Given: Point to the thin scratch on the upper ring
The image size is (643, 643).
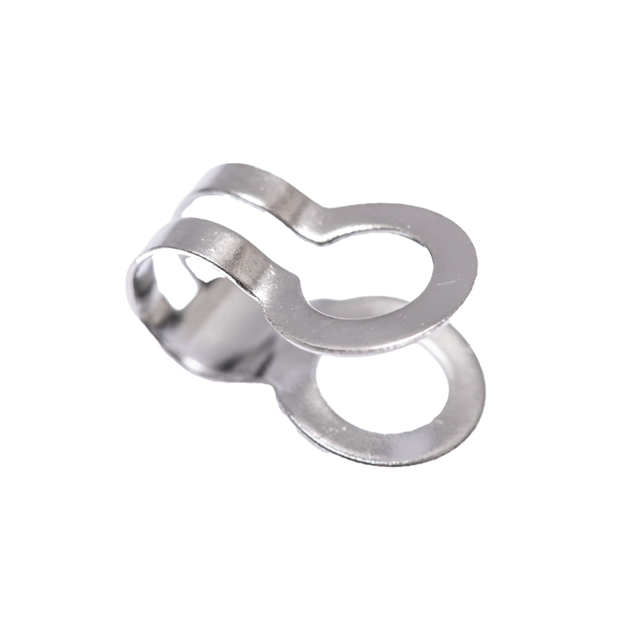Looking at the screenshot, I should click(x=445, y=283).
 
